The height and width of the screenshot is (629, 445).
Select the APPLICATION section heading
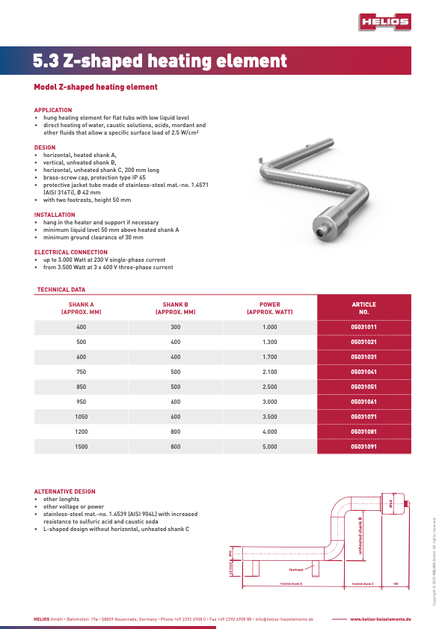53,110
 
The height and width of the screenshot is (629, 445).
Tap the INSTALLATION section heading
55,215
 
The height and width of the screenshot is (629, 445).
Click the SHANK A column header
82,308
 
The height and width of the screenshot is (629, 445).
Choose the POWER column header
269,308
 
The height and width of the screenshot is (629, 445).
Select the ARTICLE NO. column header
364,308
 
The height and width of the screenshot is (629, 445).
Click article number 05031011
364,328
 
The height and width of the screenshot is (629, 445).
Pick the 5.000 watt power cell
269,447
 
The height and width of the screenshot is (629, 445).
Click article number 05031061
364,402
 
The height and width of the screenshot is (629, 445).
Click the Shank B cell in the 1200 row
176,432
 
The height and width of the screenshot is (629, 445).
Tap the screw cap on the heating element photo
323,224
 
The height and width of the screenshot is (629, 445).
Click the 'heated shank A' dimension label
291,583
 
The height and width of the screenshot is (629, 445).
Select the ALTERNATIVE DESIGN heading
65,491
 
